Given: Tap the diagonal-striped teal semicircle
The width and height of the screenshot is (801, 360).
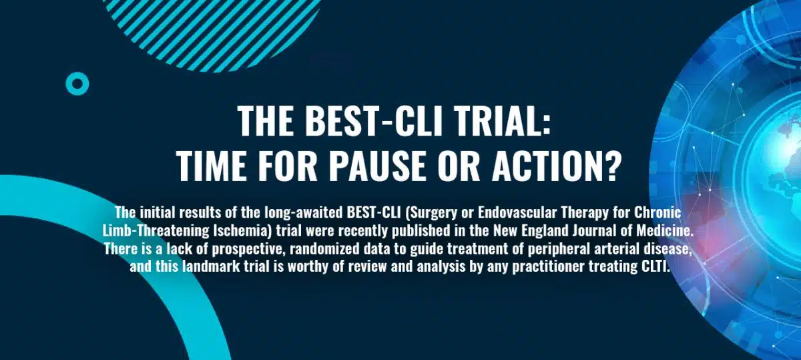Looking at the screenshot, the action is [211, 32].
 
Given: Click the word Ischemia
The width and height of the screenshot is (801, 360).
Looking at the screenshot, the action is [242, 230].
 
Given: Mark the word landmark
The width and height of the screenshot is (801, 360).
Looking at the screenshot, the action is [211, 266].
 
